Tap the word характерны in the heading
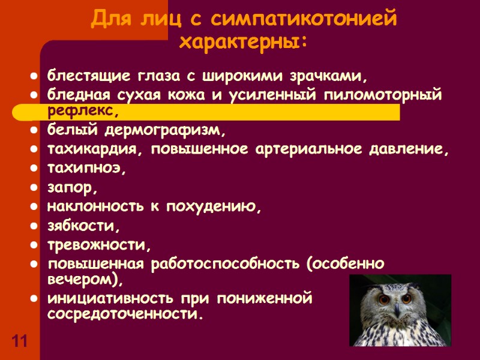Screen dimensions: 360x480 [x=241, y=43]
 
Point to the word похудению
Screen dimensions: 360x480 [x=220, y=207]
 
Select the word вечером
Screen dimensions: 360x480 [x=83, y=280]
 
